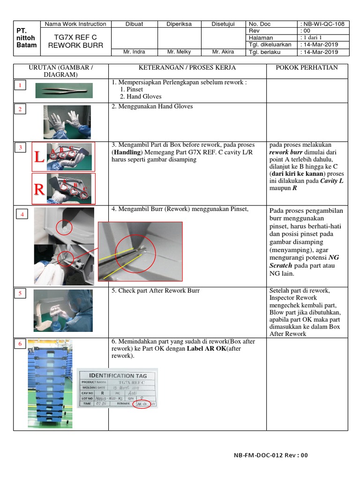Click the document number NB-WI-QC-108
pyautogui.click(x=324, y=24)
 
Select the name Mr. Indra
pyautogui.click(x=133, y=52)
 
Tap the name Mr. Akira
pyautogui.click(x=223, y=52)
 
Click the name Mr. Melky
pyautogui.click(x=179, y=52)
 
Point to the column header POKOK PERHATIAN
pyautogui.click(x=307, y=67)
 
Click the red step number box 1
pyautogui.click(x=20, y=85)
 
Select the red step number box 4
pyautogui.click(x=22, y=214)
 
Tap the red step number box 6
pyautogui.click(x=20, y=345)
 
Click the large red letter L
pyautogui.click(x=39, y=157)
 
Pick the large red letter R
pyautogui.click(x=39, y=189)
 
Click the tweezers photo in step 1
pyautogui.click(x=64, y=90)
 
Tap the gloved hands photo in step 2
pyautogui.click(x=67, y=122)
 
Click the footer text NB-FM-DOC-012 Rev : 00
pyautogui.click(x=270, y=455)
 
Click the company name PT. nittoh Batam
pyautogui.click(x=26, y=37)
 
